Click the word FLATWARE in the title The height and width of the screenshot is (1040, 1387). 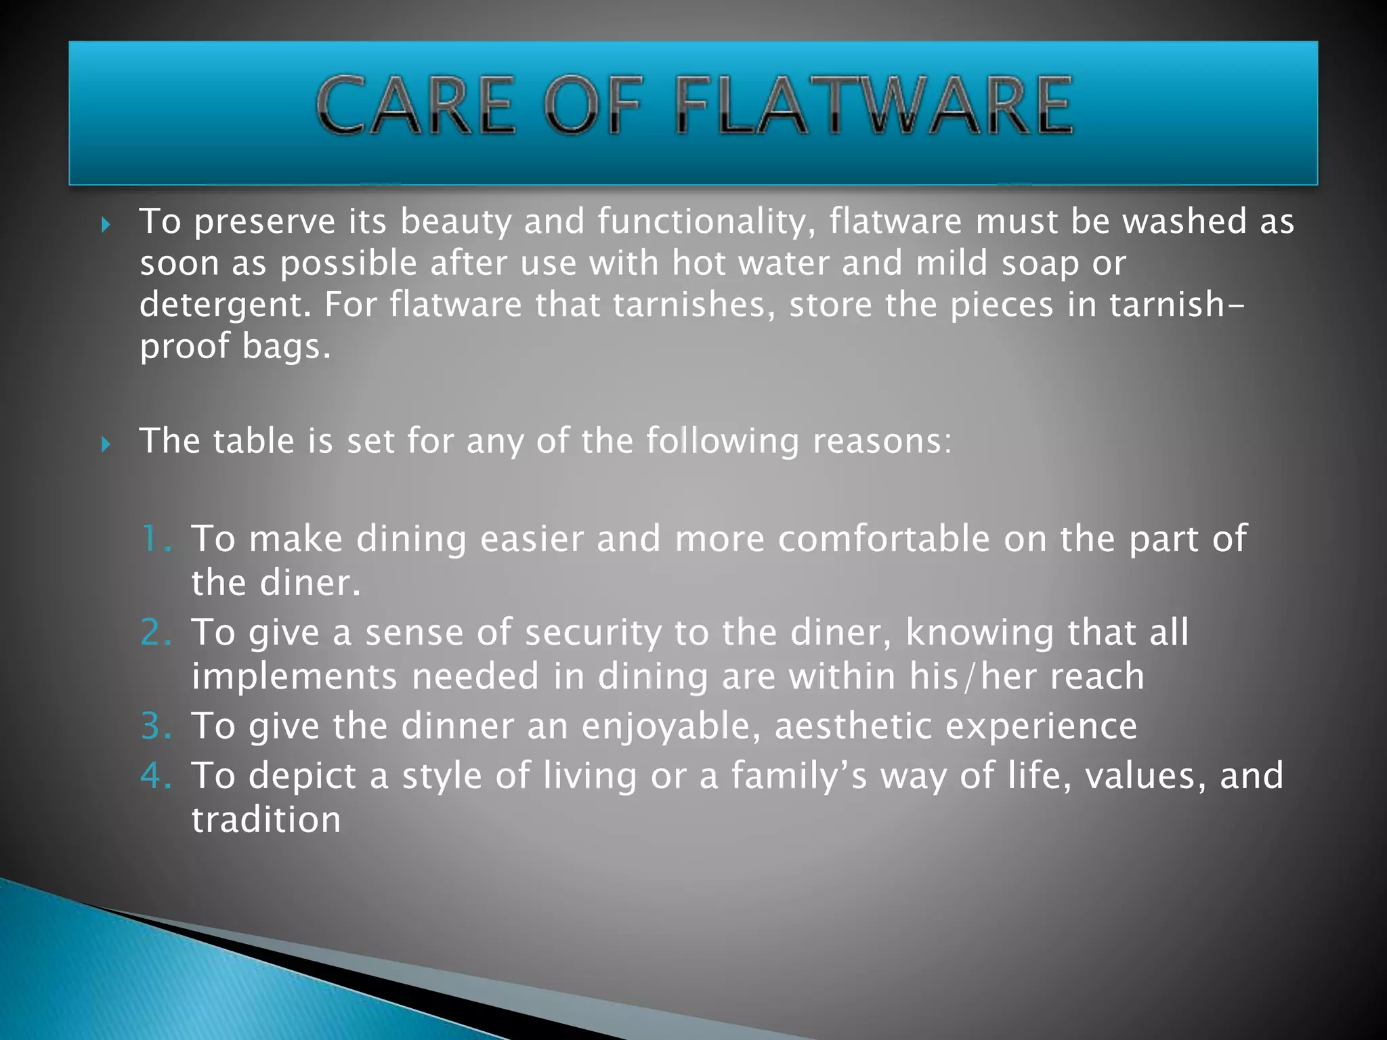coord(874,105)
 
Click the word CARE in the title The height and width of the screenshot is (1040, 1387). coord(415,105)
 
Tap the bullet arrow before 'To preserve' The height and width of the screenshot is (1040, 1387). coord(106,224)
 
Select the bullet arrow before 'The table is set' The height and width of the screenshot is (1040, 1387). coord(106,444)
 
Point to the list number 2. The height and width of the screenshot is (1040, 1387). coord(155,633)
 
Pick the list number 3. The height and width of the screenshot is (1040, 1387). coord(155,727)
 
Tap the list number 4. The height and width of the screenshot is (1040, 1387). coord(155,776)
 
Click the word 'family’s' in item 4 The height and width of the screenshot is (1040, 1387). coord(799,777)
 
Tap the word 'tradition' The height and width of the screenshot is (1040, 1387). coord(266,820)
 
